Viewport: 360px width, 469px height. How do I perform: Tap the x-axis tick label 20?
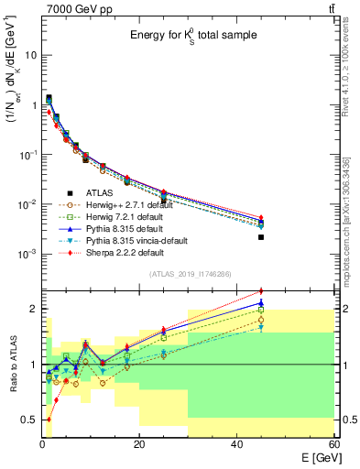point(139,443)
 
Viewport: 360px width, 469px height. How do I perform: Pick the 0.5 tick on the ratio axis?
point(30,420)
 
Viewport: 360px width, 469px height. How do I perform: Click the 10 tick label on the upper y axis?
point(30,55)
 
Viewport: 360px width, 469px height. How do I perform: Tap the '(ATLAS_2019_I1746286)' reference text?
point(189,274)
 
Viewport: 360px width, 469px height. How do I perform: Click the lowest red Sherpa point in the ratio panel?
point(49,420)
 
